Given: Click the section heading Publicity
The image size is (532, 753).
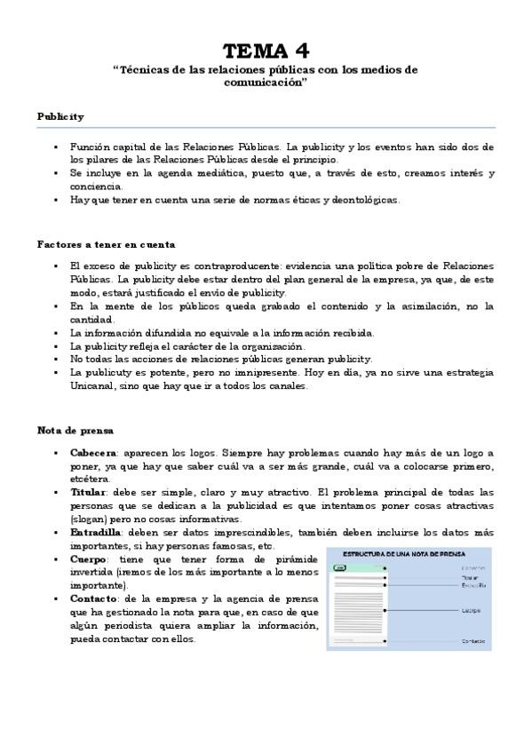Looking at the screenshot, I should tap(60, 116).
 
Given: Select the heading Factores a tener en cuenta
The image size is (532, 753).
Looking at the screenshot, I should tap(106, 243).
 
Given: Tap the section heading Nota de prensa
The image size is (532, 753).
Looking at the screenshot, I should tap(75, 431).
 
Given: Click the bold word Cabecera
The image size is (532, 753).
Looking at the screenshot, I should tap(92, 453).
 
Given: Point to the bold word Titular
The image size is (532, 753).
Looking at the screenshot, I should tap(88, 492).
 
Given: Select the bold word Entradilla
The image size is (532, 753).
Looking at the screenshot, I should tap(95, 532).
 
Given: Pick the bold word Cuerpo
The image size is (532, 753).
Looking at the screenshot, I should tap(89, 559).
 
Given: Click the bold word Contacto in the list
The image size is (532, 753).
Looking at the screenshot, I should tap(94, 599).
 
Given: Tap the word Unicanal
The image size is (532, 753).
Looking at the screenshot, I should tap(95, 386).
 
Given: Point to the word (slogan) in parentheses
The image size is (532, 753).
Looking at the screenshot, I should tap(90, 519).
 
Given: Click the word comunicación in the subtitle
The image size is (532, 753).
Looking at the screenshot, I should tap(266, 83).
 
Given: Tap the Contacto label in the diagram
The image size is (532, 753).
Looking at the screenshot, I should tap(472, 640).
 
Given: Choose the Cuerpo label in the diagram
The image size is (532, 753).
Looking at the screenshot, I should tap(471, 610).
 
